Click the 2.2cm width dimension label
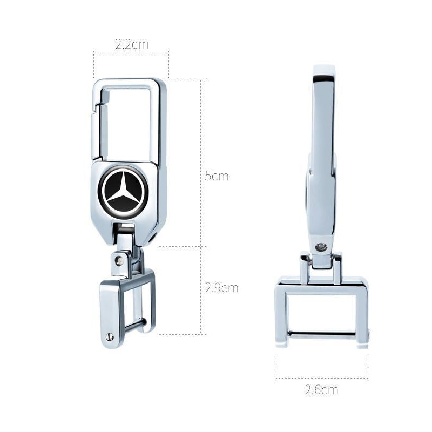[132, 44]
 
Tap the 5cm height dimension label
[217, 176]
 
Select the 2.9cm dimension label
[221, 288]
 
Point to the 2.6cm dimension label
[321, 390]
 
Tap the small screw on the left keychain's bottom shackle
[111, 336]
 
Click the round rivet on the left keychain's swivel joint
[119, 260]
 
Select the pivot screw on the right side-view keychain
[321, 247]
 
